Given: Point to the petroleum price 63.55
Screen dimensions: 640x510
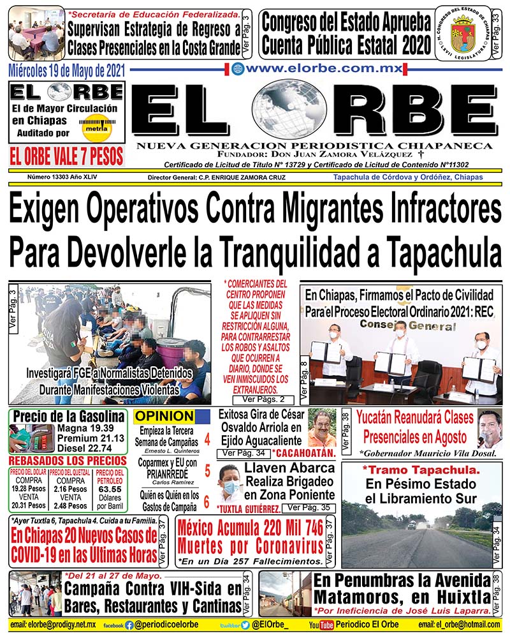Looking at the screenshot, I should point(110,489).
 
